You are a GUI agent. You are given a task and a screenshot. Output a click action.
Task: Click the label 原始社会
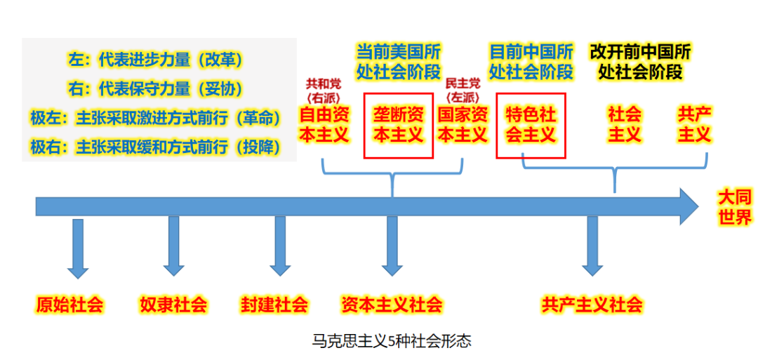(x=70, y=305)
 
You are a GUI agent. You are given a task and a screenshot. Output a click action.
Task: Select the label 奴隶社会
(x=173, y=305)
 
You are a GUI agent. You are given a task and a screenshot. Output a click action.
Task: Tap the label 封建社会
(x=274, y=305)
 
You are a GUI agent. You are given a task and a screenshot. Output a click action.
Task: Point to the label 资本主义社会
(x=392, y=305)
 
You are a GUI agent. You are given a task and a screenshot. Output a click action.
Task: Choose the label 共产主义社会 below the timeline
(x=592, y=305)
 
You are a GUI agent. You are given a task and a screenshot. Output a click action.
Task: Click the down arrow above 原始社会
(x=77, y=249)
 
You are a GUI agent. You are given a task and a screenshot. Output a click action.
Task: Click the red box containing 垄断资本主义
(x=398, y=124)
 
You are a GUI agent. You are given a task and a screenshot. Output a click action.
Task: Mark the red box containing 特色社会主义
(x=531, y=124)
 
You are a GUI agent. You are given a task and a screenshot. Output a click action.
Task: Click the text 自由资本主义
(x=324, y=124)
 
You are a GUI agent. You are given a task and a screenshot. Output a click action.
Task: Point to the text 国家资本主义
(x=463, y=124)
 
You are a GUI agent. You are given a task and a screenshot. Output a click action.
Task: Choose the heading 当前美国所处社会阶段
(x=398, y=61)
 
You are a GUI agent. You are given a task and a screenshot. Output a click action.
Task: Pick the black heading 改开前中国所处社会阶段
(x=640, y=61)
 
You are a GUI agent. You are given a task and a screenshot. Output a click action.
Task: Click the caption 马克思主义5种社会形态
(x=392, y=342)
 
